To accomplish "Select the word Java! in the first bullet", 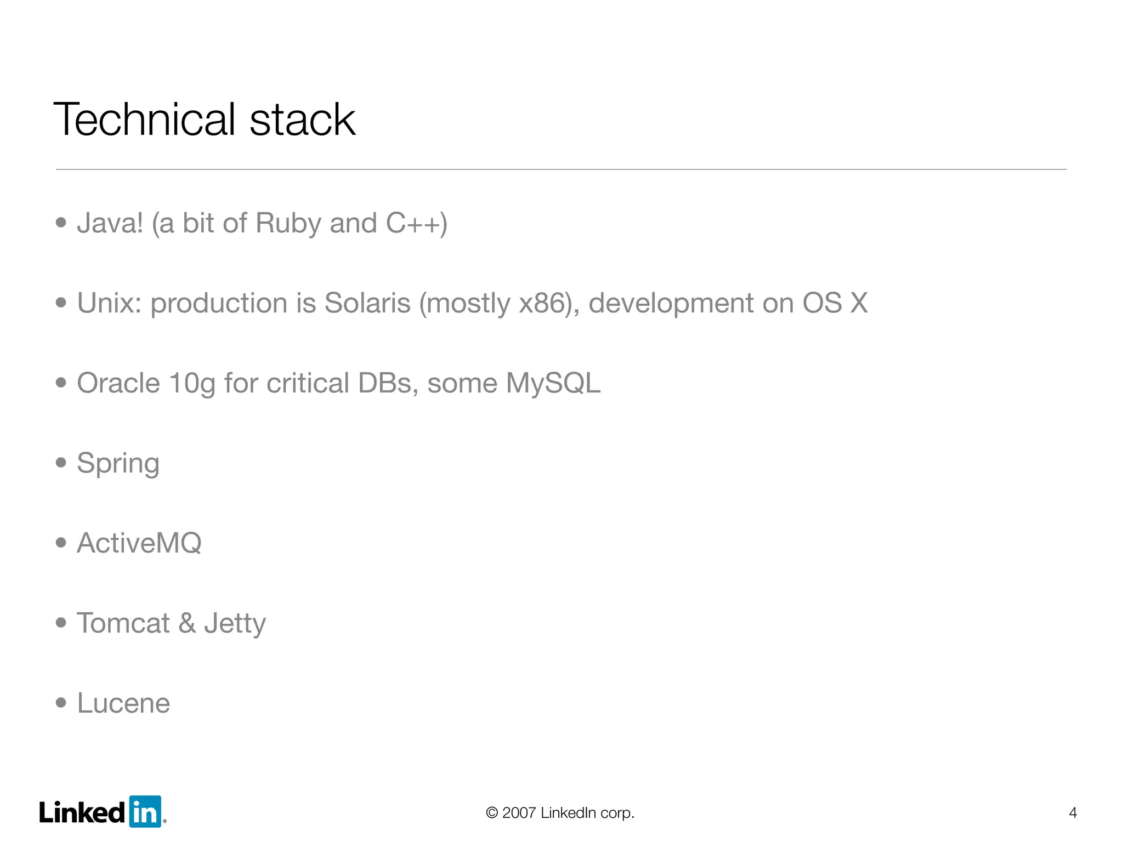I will pos(110,223).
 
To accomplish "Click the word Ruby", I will pos(288,224).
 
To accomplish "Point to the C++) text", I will pos(417,224).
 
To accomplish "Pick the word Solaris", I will pos(367,303).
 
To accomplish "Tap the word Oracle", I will pos(118,383).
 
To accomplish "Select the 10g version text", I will pos(192,384).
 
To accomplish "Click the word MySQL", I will pos(553,383).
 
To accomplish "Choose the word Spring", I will pos(118,464).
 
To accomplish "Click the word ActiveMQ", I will pos(139,543).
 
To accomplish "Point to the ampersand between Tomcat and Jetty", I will pos(187,623).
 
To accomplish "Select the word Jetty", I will pos(235,624).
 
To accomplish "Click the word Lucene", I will pos(123,703).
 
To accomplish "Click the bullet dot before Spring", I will pos(61,463).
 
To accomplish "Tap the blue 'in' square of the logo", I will pos(145,811).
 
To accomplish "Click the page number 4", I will pos(1073,812).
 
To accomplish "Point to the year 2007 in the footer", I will pos(519,812).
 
